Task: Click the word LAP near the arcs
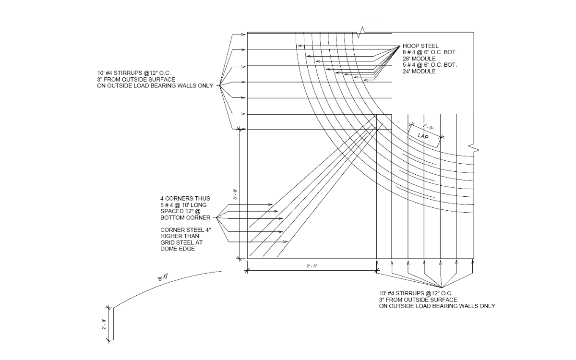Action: click(423, 136)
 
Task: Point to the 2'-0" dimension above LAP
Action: click(428, 128)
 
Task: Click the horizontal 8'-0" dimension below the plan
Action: click(312, 267)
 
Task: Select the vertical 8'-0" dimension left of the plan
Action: click(235, 194)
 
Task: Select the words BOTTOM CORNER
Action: click(185, 218)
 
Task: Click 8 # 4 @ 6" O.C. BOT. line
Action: click(430, 52)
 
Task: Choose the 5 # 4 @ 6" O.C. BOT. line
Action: click(430, 65)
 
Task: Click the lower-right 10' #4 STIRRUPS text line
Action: click(416, 293)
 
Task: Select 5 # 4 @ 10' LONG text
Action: click(184, 205)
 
